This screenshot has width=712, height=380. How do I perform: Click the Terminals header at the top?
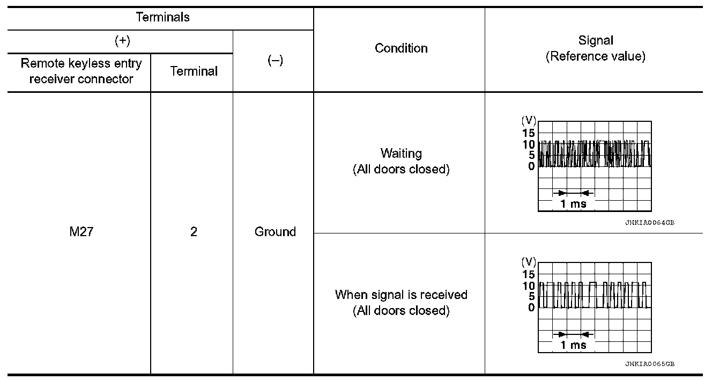pos(162,17)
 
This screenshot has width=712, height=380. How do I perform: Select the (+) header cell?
pos(123,41)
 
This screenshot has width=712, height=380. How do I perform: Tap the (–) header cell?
pos(275,61)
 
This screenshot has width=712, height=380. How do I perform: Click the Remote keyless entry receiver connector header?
pos(81,71)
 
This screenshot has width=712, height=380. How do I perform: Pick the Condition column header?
pos(401,48)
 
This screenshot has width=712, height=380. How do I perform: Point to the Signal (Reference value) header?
pos(595,48)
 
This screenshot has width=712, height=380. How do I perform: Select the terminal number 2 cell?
pos(193,232)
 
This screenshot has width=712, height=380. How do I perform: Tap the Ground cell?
pos(275,232)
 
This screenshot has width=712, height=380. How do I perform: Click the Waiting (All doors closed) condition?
pos(401,161)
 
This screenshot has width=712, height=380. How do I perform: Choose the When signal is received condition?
pos(401,302)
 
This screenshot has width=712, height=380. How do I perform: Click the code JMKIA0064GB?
pos(649,223)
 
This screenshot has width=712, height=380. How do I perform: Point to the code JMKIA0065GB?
pos(649,364)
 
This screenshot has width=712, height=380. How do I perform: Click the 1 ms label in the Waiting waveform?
pos(573,204)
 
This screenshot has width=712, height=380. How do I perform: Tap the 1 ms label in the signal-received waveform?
pos(573,345)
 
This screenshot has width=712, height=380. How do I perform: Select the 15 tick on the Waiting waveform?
pos(528,133)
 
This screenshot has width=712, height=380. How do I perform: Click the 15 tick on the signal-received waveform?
pos(528,274)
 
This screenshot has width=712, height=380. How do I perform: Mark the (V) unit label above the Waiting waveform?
pos(529,122)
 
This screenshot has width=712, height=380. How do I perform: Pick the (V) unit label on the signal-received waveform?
pos(529,262)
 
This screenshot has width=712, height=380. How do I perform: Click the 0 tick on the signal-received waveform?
pos(531,308)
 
